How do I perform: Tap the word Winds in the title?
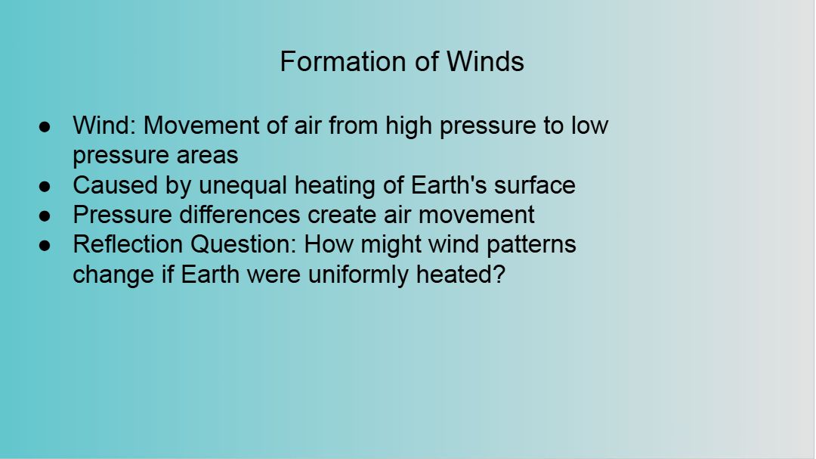pos(485,61)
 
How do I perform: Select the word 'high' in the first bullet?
pos(409,126)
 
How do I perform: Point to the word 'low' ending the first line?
pos(589,126)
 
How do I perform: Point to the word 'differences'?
pos(240,215)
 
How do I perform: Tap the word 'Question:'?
pos(243,244)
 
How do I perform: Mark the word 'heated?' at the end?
pos(461,274)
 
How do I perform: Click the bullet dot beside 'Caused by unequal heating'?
pos(45,186)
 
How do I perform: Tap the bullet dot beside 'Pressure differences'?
pos(45,216)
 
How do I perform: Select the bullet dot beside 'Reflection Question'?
pos(45,246)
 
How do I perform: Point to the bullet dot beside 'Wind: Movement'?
pos(45,126)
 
